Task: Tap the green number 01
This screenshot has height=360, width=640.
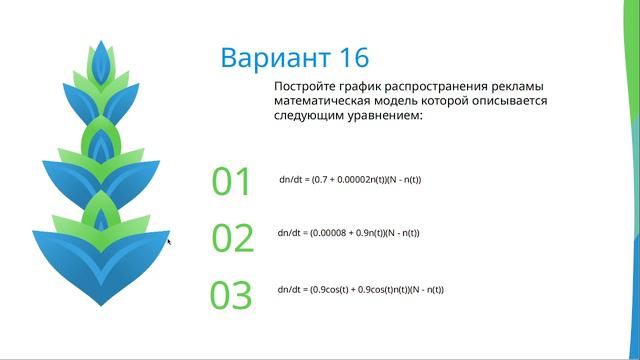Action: click(x=232, y=181)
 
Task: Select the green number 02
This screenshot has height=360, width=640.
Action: click(x=233, y=238)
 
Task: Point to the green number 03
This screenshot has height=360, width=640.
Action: click(x=232, y=295)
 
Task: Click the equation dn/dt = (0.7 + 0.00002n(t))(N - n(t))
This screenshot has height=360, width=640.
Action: click(x=350, y=180)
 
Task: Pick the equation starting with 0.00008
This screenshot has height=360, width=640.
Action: click(x=349, y=233)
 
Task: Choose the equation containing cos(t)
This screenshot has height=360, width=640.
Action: click(x=361, y=289)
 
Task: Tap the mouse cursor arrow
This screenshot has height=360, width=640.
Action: click(x=169, y=240)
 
